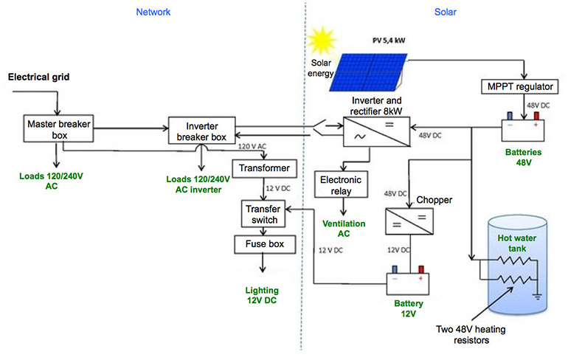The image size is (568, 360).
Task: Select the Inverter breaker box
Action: pyautogui.click(x=199, y=131)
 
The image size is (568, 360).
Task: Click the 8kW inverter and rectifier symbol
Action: pyautogui.click(x=376, y=136)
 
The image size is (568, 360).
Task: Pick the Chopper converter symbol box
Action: pyautogui.click(x=409, y=221)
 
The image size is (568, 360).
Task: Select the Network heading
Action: pyautogui.click(x=154, y=12)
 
